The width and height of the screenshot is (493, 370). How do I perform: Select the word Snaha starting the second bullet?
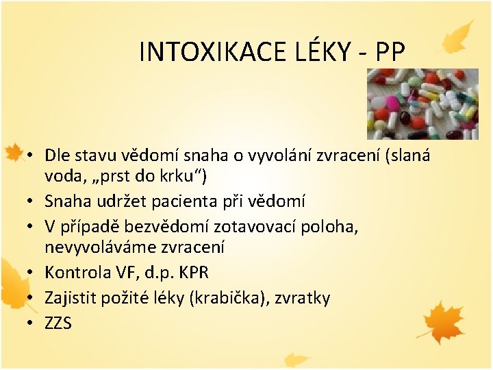[x=66, y=201]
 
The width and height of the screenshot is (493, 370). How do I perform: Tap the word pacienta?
[x=201, y=201]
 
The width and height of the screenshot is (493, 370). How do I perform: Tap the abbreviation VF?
[x=126, y=272]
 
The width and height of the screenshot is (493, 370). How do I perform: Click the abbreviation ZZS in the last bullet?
[x=58, y=323]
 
